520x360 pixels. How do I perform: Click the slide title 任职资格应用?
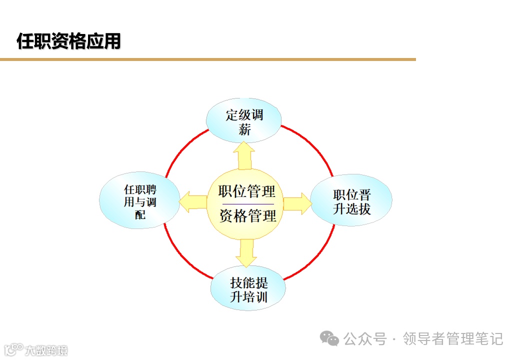[x=69, y=41]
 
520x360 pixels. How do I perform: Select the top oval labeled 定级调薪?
[x=244, y=121]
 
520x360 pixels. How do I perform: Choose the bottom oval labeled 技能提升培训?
[x=248, y=289]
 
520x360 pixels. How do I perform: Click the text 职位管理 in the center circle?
[x=247, y=191]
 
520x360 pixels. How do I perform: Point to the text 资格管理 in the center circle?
[x=247, y=216]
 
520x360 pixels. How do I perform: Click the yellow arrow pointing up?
[x=244, y=155]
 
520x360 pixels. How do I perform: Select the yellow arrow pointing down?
[x=246, y=253]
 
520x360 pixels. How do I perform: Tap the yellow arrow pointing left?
[x=193, y=202]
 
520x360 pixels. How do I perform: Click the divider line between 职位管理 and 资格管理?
[x=247, y=204]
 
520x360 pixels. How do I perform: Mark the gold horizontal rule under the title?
[x=207, y=59]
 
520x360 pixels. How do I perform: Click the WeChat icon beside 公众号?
[x=329, y=339]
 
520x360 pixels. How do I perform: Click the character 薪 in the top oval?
[x=244, y=130]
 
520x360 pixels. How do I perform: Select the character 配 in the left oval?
[x=140, y=215]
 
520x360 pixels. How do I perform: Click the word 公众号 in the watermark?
[x=365, y=339]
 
